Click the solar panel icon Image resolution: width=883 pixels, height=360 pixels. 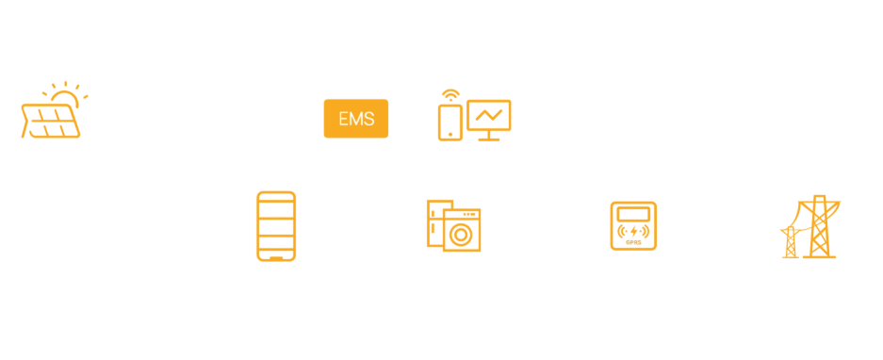click(51, 122)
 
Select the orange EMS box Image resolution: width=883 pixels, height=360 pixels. click(356, 119)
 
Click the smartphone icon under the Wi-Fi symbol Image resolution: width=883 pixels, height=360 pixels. click(450, 123)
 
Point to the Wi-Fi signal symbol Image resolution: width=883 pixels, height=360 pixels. click(450, 93)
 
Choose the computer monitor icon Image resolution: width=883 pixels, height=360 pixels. click(489, 120)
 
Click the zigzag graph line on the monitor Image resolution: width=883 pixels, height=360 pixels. click(489, 115)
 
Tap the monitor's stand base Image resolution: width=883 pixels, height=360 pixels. click(489, 139)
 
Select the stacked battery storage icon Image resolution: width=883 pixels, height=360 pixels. click(276, 226)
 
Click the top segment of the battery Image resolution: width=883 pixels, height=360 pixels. click(276, 196)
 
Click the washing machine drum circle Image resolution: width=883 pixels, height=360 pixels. click(461, 235)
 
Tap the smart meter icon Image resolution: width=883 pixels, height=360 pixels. click(633, 226)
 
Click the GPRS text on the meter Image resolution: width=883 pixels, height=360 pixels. click(633, 242)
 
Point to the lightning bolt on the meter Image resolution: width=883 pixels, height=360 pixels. click(633, 231)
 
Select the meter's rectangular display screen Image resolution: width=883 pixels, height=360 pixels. click(633, 214)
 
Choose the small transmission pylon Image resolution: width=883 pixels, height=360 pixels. click(791, 242)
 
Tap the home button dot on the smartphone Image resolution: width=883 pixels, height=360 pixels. click(450, 135)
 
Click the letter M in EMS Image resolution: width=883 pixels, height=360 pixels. click(356, 119)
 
